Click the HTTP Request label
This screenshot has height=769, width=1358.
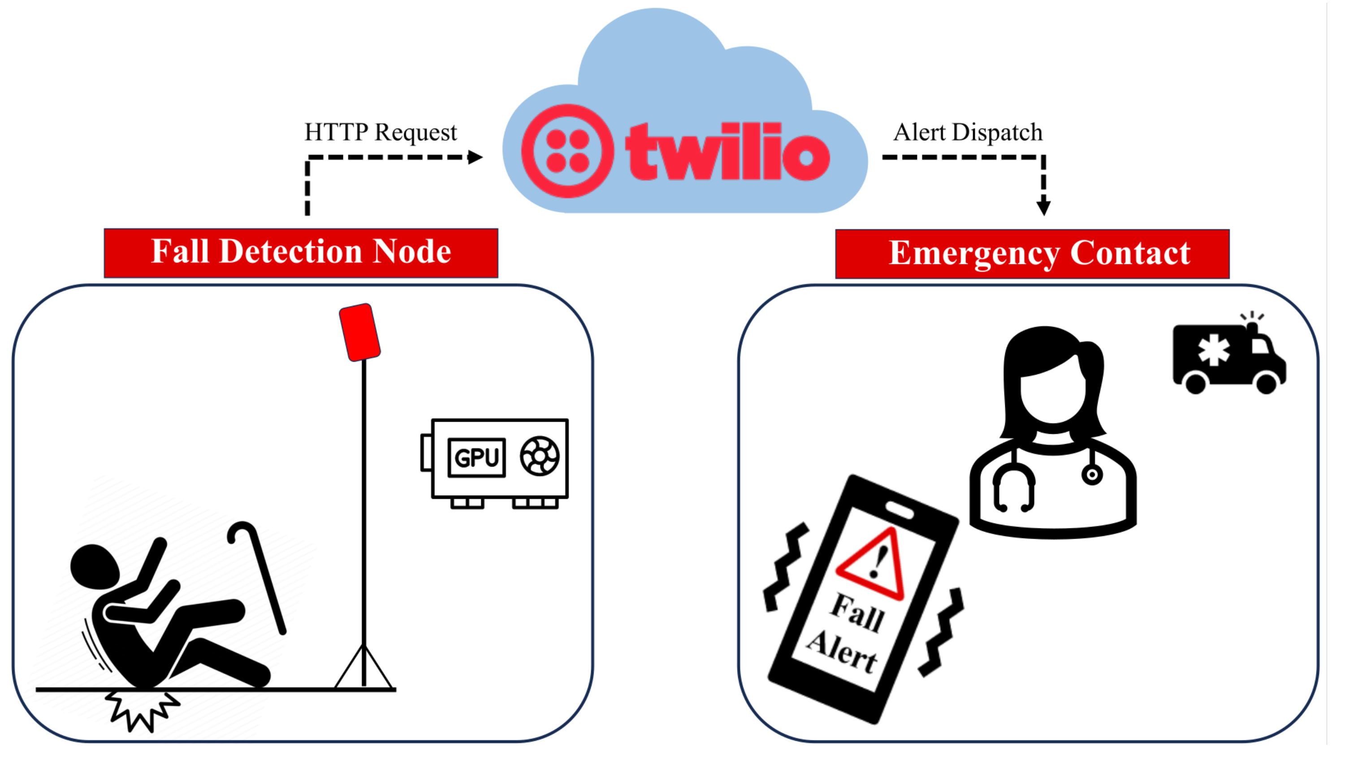click(x=381, y=132)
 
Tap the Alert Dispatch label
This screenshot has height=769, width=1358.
click(x=968, y=132)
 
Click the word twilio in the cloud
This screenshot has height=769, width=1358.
click(x=727, y=153)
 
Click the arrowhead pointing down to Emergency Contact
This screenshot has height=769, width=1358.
click(x=1043, y=207)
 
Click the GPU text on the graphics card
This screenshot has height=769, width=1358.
click(x=476, y=458)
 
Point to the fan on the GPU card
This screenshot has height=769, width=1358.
click(x=539, y=456)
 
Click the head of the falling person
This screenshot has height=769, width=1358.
click(x=94, y=566)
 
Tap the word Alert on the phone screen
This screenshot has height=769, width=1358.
click(x=841, y=652)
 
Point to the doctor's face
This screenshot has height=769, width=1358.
click(x=1052, y=391)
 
